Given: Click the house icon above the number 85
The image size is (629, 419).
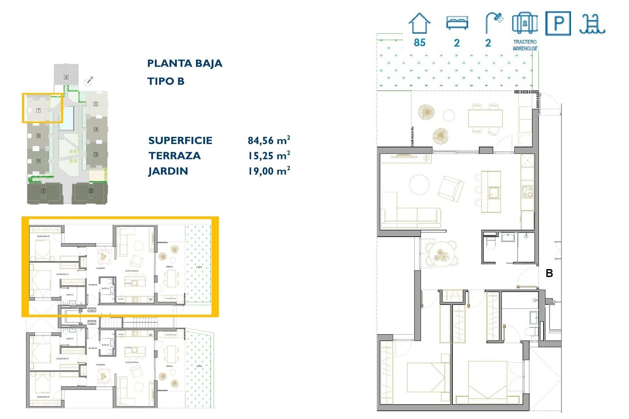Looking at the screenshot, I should click(419, 24).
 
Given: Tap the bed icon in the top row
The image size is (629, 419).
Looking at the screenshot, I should click(457, 23).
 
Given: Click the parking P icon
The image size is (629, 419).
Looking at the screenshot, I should click(558, 23).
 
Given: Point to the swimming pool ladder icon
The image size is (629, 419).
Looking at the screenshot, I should click(592, 24).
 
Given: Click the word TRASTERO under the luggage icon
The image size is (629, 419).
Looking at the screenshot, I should click(525, 42).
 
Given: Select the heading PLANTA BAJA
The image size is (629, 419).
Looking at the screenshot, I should click(184, 63).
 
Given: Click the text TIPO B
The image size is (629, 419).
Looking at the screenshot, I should click(166, 81).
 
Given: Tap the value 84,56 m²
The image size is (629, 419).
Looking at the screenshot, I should click(269, 140).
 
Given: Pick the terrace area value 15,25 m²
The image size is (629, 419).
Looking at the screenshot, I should click(269, 156).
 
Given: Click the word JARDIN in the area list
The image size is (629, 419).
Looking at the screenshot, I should click(168, 171).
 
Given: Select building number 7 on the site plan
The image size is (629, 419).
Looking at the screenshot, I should click(38, 110).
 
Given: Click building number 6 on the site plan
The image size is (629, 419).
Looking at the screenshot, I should click(66, 77).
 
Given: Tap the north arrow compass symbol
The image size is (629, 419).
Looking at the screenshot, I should click(89, 81).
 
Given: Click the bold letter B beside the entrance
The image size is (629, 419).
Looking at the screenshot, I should click(549, 273).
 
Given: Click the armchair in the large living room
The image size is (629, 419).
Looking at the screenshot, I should click(451, 189).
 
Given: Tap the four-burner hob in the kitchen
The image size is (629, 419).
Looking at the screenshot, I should click(527, 191).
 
